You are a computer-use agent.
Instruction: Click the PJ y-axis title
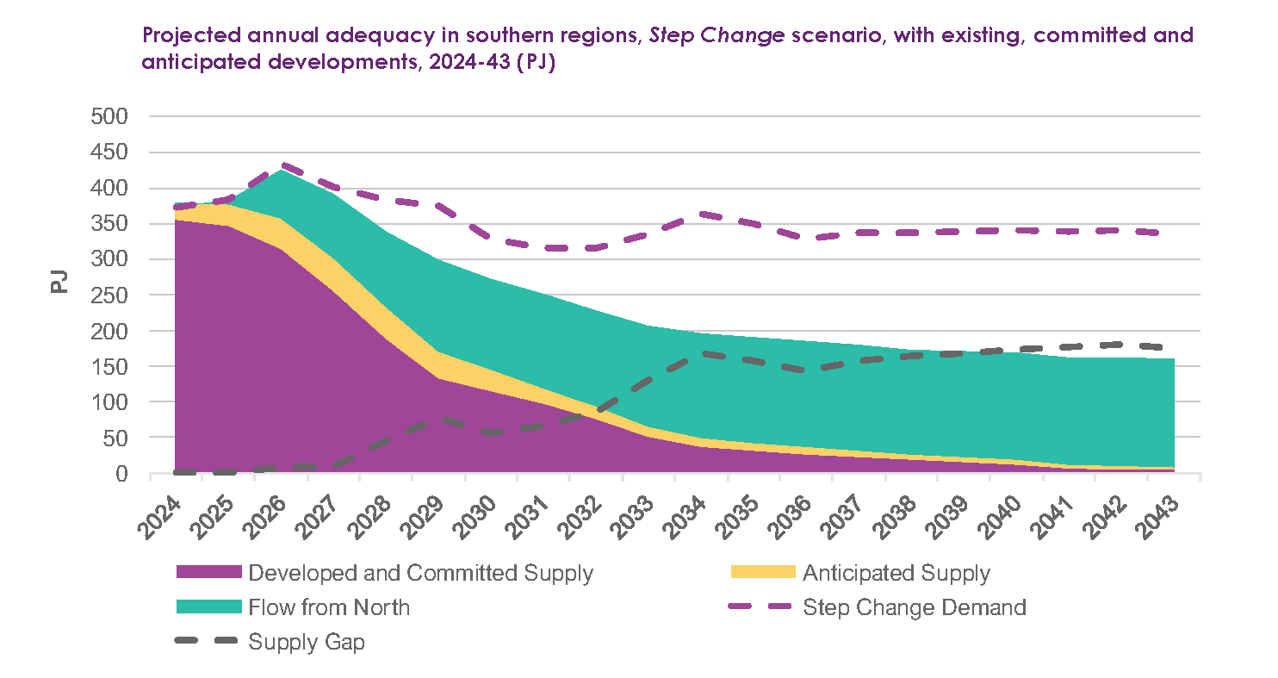coord(59,282)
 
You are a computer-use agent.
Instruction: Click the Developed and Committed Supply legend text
coord(420,573)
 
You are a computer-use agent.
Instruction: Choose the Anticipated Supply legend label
coord(896,573)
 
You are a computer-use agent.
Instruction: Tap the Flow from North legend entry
coord(329,607)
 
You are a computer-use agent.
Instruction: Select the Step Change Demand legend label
coord(914,607)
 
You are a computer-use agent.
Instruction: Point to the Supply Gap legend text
coord(307,642)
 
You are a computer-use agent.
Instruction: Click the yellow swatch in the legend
coord(761,573)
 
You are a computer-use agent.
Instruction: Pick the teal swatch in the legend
coord(208,607)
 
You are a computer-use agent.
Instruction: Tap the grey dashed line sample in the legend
coord(208,642)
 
